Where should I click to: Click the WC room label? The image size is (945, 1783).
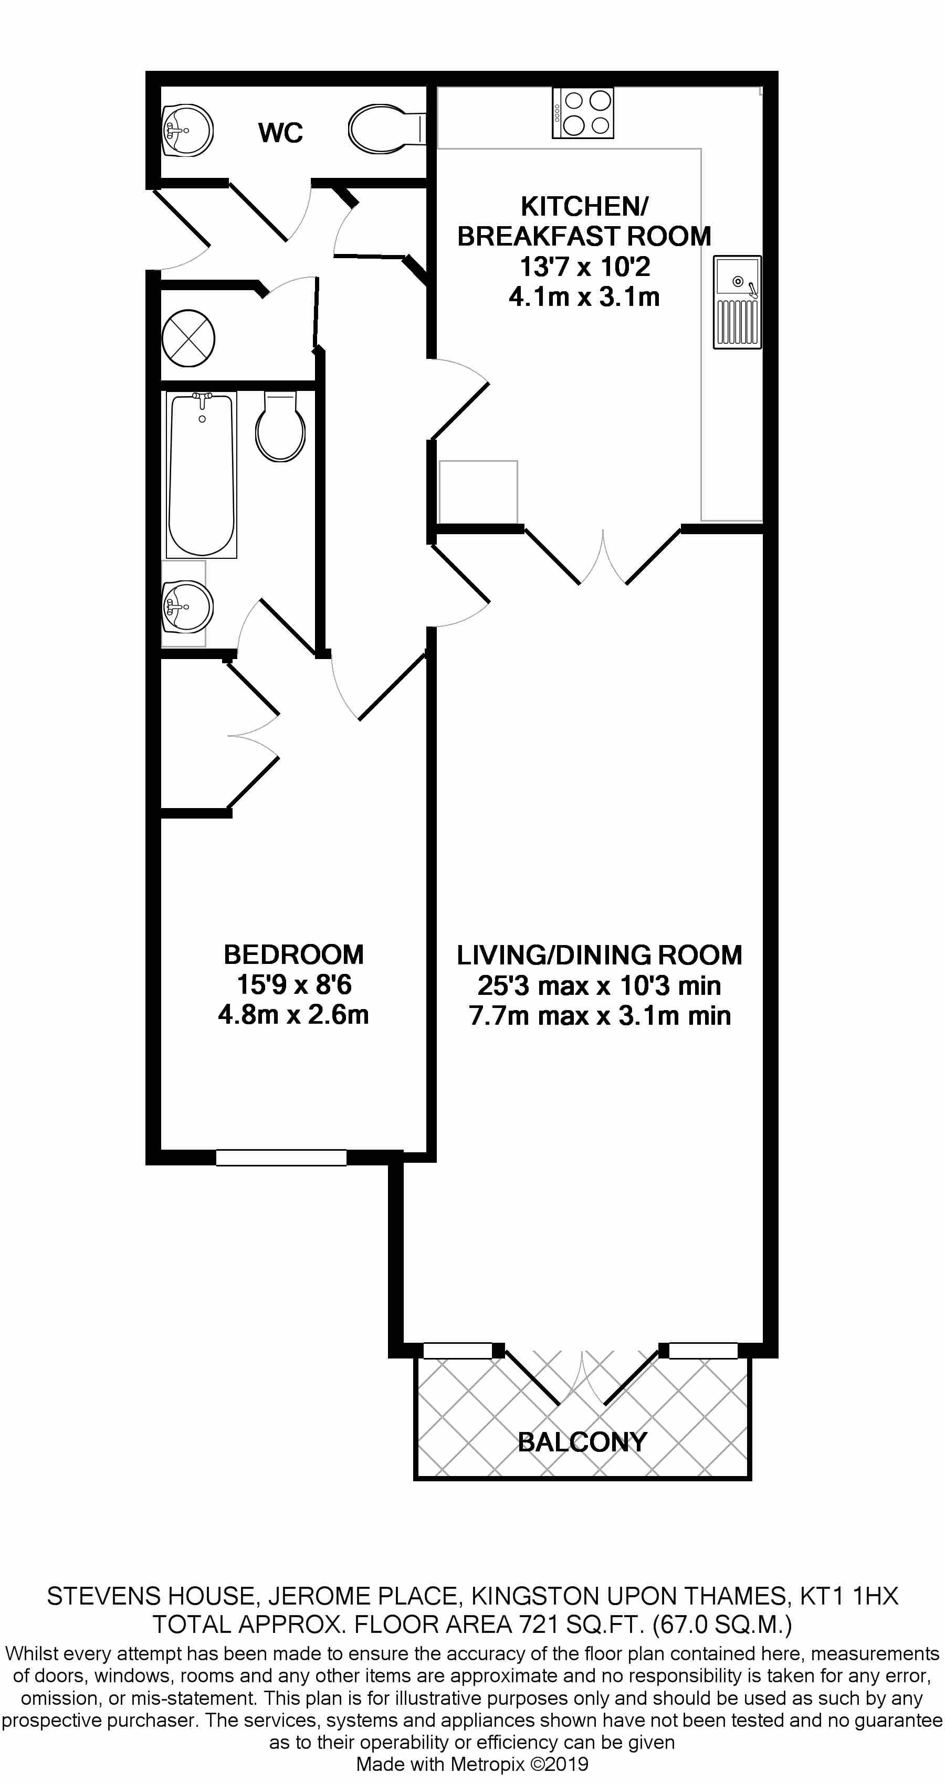click(280, 132)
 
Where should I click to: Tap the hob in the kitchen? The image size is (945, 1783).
click(583, 113)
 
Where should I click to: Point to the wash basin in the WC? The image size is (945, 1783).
click(186, 130)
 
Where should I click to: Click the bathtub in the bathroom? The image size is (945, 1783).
click(202, 475)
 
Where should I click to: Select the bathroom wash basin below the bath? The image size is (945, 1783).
click(186, 607)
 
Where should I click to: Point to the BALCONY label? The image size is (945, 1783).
click(582, 1442)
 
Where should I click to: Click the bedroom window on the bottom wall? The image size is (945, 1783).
click(281, 1158)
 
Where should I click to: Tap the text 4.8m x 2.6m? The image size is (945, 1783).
click(293, 1015)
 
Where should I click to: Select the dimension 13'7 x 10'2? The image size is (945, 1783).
click(585, 267)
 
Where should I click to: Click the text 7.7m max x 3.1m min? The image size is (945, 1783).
click(600, 1016)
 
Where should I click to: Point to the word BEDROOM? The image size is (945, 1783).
click(293, 954)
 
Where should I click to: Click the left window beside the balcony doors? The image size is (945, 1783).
click(458, 1351)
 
